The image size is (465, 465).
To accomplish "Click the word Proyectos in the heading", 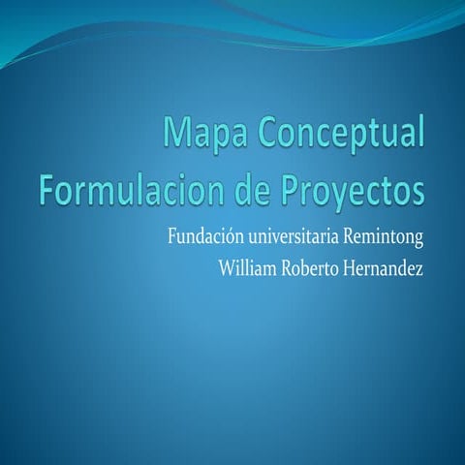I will [x=355, y=190].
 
